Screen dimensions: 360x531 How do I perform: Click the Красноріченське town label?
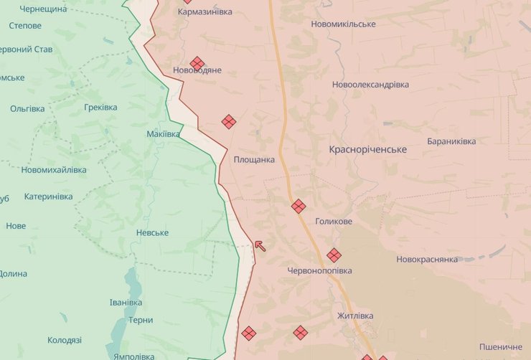click(x=367, y=150)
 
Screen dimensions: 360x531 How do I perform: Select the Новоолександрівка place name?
click(x=370, y=85)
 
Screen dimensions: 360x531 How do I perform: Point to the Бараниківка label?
click(x=451, y=142)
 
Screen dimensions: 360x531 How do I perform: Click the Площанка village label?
click(x=254, y=160)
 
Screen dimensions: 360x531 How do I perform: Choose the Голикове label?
click(x=334, y=222)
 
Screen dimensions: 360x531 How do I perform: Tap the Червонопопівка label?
click(x=319, y=271)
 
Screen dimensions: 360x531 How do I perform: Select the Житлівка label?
click(x=355, y=316)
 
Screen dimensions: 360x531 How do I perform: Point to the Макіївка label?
click(x=163, y=135)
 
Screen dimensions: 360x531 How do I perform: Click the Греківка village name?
click(x=100, y=108)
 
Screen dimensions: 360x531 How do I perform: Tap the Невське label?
click(x=152, y=233)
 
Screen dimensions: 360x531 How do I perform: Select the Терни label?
click(x=141, y=321)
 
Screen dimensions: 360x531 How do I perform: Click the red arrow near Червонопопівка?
click(x=260, y=246)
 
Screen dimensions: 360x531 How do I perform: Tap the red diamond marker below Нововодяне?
click(x=229, y=122)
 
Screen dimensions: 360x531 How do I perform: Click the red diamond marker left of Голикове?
click(x=299, y=207)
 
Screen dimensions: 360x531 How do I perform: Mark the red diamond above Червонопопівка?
click(x=334, y=255)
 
